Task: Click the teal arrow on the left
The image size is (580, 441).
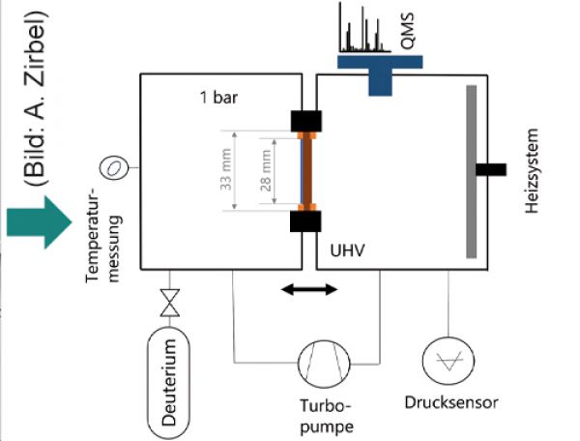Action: coord(39,222)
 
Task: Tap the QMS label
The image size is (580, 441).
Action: coord(408,31)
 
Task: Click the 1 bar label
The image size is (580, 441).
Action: coord(218,98)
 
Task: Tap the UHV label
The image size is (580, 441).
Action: coord(347,250)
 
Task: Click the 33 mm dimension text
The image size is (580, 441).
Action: coord(226,169)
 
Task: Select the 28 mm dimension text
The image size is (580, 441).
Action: coord(266,170)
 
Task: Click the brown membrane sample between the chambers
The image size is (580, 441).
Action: coord(307,171)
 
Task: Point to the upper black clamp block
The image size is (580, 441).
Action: coord(305,121)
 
